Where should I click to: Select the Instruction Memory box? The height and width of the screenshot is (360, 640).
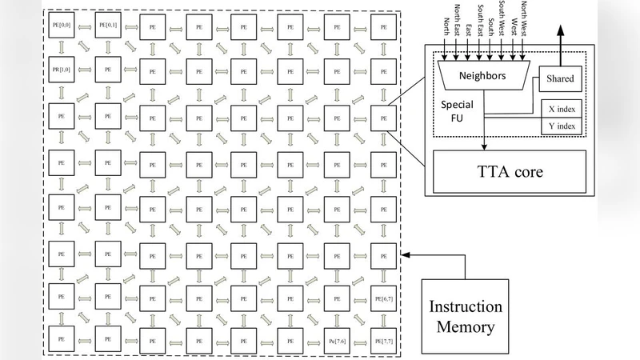pyautogui.click(x=466, y=316)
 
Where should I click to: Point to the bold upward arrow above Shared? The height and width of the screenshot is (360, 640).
pyautogui.click(x=560, y=40)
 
